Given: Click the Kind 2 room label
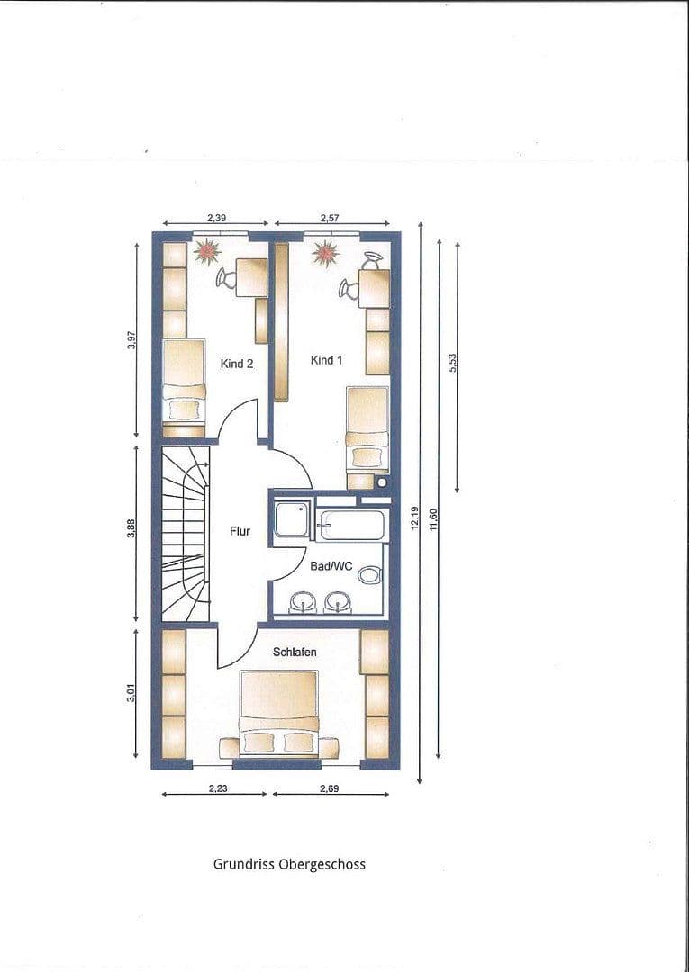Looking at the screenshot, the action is (236, 364).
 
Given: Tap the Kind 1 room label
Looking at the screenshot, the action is (326, 360).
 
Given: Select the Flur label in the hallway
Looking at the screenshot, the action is (240, 531).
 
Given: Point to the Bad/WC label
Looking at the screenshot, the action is (331, 566).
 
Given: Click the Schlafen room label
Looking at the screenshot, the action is (295, 652).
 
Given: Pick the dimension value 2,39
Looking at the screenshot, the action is (216, 218).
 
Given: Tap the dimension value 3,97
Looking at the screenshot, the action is (131, 339).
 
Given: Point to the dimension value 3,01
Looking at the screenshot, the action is (131, 692).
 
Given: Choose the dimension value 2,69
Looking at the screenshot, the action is (329, 789).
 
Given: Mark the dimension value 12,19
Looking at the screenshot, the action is (415, 518).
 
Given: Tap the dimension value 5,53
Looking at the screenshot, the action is (452, 363).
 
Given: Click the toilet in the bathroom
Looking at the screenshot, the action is (369, 574).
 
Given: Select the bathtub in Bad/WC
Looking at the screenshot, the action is (351, 526).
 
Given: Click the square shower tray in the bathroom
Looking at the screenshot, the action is (292, 519).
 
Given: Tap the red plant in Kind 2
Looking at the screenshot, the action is (207, 252).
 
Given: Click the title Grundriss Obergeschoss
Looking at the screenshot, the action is (289, 864).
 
